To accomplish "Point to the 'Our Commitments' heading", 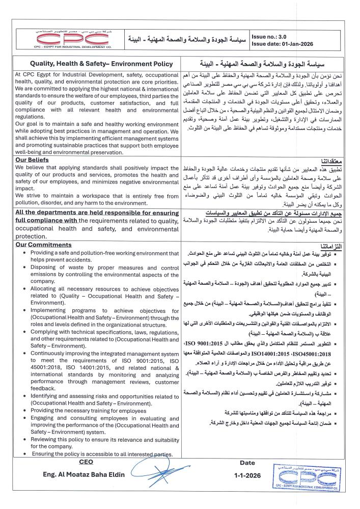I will click(x=43, y=245).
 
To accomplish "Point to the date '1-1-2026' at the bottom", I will click(x=247, y=475).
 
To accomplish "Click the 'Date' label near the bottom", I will click(x=247, y=462).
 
